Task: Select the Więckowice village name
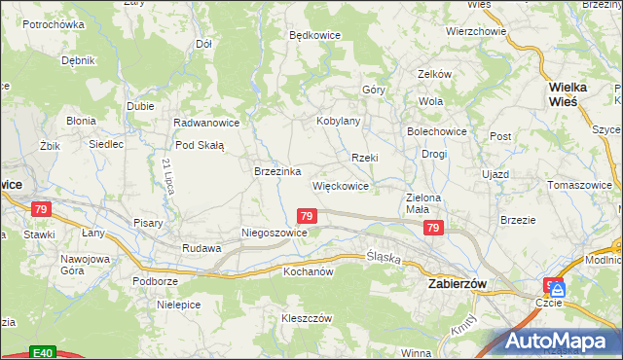point(340,185)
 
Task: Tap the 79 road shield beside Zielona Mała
point(434,228)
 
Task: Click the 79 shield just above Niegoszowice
point(307,215)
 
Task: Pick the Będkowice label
point(314,34)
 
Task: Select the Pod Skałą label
point(200,145)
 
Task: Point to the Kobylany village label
point(339,121)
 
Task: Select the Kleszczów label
point(308,318)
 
